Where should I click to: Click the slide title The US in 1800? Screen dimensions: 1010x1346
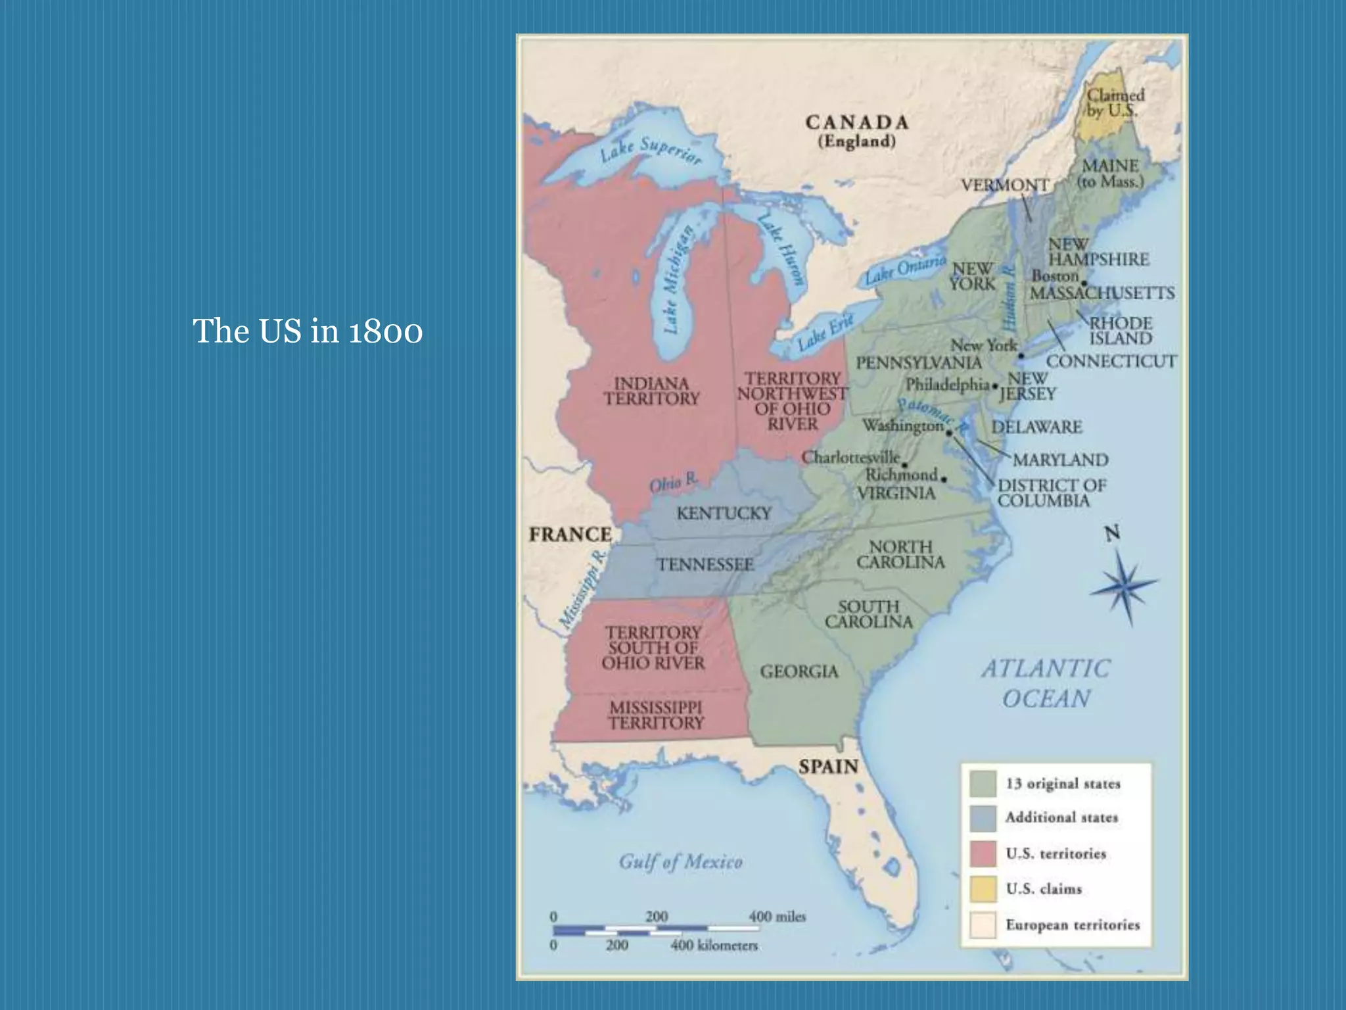(308, 331)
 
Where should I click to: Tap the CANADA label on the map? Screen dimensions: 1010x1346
(857, 123)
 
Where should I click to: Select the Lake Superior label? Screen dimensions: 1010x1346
(650, 151)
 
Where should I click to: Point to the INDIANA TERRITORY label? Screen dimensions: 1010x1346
(651, 391)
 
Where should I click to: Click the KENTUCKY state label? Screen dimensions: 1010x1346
(724, 513)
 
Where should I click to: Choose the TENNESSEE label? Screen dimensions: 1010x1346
(705, 564)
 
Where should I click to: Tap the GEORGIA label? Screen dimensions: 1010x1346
(799, 671)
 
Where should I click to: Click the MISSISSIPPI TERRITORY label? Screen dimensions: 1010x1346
(656, 715)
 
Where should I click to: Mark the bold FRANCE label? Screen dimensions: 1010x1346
(570, 535)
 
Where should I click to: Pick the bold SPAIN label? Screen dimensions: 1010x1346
(828, 767)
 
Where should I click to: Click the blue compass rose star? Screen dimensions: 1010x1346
(1125, 585)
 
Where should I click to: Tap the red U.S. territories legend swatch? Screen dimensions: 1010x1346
(983, 854)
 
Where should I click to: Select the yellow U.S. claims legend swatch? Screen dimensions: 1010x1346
(983, 889)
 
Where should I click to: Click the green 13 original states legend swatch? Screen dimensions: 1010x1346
(983, 783)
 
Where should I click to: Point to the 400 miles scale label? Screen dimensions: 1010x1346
(777, 917)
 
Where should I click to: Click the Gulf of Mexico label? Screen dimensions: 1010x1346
(680, 862)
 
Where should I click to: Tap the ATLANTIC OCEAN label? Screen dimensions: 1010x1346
(1046, 683)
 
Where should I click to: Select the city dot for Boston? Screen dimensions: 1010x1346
(1084, 283)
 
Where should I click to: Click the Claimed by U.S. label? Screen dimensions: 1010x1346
(1115, 103)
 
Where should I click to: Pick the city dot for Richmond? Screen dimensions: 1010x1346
(944, 479)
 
